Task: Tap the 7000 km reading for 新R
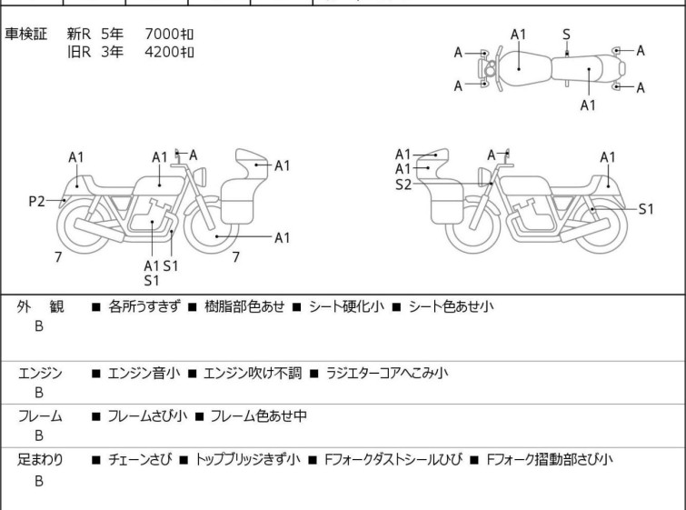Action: coord(169,35)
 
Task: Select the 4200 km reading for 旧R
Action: coord(169,52)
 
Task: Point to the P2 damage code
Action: coord(36,201)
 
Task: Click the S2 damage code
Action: coord(403,184)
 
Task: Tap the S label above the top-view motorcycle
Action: coord(566,35)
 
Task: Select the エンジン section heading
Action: coord(40,373)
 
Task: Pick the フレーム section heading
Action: coord(40,416)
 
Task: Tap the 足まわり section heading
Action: coord(40,460)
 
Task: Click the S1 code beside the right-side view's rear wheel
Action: coord(646,209)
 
